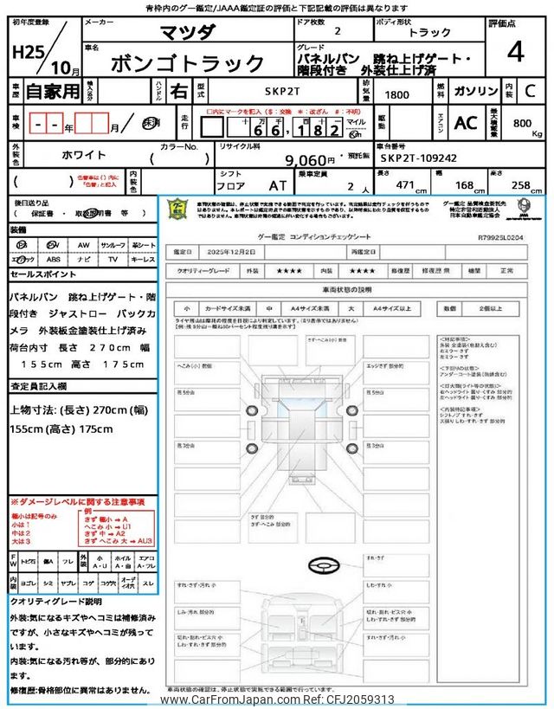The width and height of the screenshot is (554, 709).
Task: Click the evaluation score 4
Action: click(x=515, y=53)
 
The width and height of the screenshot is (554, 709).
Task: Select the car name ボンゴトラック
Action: click(x=188, y=62)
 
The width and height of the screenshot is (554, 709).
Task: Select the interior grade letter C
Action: click(x=531, y=90)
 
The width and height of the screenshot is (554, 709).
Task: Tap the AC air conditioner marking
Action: click(x=466, y=123)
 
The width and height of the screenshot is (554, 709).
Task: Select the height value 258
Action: click(x=521, y=185)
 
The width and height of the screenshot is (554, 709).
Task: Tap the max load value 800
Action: click(x=521, y=124)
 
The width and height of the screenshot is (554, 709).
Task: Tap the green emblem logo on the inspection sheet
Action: click(x=175, y=209)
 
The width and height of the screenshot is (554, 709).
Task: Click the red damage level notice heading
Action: click(x=78, y=501)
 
